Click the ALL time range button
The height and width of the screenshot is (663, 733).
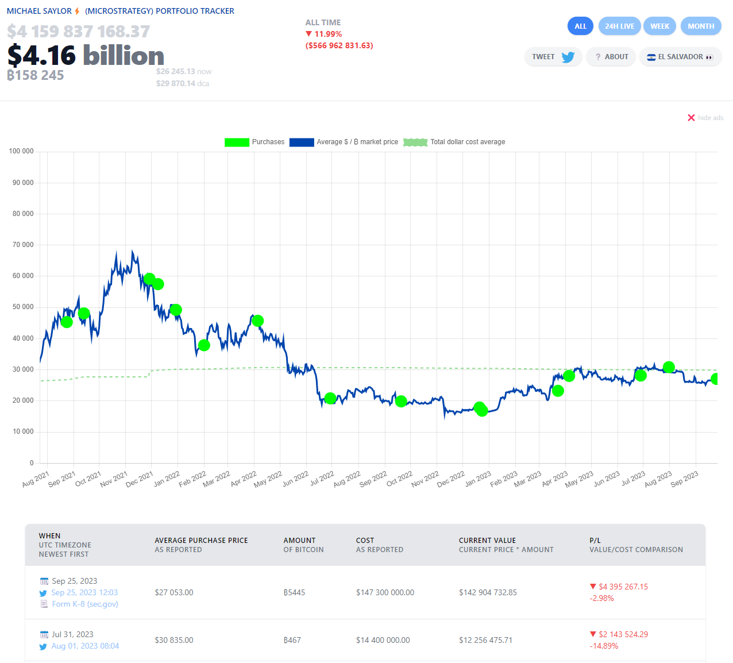click(580, 26)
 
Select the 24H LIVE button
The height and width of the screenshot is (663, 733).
click(619, 26)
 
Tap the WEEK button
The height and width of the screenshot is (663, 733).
click(659, 26)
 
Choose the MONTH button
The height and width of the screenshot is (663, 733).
click(701, 26)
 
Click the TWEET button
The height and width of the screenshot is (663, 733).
click(553, 57)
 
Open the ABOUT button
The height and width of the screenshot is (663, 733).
click(611, 57)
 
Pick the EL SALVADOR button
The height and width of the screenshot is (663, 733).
click(680, 57)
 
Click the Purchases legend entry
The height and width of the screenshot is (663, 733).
click(254, 142)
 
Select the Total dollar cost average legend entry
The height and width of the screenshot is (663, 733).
click(454, 142)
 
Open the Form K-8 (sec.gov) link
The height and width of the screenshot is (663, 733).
click(85, 604)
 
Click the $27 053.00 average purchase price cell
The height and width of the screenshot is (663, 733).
click(174, 592)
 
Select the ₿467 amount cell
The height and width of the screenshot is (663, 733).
click(292, 640)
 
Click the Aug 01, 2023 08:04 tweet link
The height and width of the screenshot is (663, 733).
click(85, 646)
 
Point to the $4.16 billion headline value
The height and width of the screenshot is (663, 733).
click(86, 56)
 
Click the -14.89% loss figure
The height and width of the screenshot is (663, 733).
click(604, 646)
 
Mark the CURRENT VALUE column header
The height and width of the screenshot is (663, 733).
click(487, 540)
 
